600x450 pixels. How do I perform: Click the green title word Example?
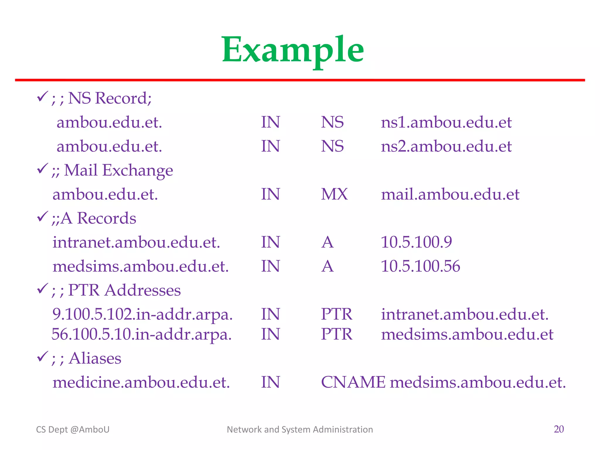(293, 50)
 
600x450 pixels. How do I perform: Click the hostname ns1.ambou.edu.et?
(446, 122)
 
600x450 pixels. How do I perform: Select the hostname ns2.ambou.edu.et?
(446, 146)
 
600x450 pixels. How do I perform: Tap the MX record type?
(334, 195)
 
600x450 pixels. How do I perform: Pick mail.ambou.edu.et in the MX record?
(450, 195)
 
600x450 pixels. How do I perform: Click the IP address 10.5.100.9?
(416, 243)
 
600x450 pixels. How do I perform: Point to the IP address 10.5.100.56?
(420, 267)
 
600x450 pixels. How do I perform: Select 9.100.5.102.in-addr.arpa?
(142, 315)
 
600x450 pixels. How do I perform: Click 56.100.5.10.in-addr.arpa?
(142, 335)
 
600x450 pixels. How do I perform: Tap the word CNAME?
(353, 383)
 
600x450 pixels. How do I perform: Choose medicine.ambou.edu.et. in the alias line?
(141, 383)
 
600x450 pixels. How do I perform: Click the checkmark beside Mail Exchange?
(42, 168)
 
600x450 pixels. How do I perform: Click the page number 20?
(559, 429)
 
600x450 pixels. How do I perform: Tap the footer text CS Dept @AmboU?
(73, 429)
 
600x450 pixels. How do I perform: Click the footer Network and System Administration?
(300, 429)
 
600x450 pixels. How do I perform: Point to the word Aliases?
(95, 359)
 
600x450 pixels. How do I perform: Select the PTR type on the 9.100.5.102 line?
(336, 315)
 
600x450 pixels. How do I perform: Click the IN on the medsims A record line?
(270, 267)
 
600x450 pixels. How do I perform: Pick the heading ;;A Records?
(94, 219)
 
